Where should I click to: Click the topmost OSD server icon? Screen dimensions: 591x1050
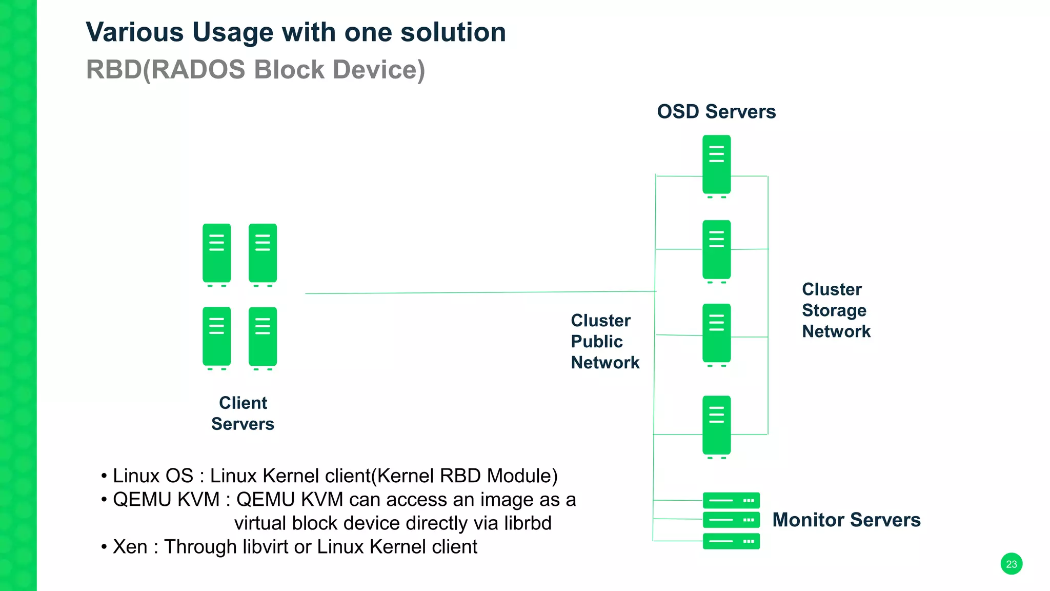[x=716, y=165]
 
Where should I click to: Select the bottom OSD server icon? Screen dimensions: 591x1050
[x=716, y=425]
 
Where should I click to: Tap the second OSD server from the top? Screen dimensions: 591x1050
[x=716, y=250]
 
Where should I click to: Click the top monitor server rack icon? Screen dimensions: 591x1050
[x=731, y=500]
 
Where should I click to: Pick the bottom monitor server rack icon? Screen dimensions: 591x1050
[x=731, y=541]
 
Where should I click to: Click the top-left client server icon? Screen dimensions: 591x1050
[x=216, y=253]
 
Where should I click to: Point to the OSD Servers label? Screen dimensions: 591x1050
[x=716, y=111]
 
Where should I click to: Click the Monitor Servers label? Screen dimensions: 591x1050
[x=846, y=520]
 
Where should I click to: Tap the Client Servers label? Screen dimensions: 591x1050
[x=243, y=413]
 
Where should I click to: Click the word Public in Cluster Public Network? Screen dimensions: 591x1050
[x=597, y=342]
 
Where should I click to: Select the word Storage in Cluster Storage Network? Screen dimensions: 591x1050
[x=834, y=310]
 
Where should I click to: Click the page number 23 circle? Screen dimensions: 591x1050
[x=1011, y=564]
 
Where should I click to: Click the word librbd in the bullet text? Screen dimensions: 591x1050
[x=528, y=523]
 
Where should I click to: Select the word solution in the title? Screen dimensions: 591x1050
[x=453, y=32]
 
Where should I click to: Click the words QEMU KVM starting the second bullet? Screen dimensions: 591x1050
[x=166, y=500]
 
